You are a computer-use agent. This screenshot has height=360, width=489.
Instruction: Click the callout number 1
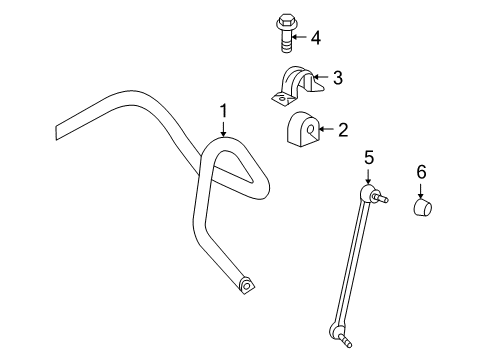click(224, 111)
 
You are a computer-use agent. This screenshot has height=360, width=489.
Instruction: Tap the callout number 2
click(342, 128)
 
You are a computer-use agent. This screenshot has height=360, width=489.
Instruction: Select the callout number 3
click(338, 76)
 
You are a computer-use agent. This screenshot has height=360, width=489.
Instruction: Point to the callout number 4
click(316, 38)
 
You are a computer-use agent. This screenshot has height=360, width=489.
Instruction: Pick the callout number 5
click(368, 157)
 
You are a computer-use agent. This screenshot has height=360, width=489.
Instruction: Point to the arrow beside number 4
click(299, 38)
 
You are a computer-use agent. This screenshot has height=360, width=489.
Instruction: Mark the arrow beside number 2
click(327, 128)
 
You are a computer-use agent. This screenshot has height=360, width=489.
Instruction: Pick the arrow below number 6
click(421, 190)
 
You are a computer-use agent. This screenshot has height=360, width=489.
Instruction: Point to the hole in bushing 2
click(311, 129)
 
